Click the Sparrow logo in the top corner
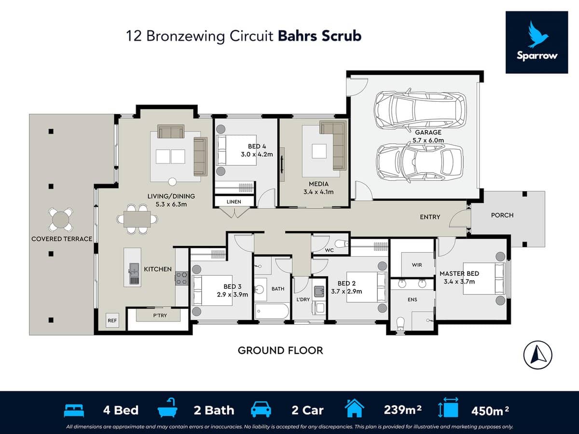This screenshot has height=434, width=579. tap(537, 42)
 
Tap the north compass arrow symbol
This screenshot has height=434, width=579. tap(538, 355)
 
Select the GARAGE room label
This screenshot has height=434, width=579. tap(428, 132)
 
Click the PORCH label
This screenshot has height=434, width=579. tap(502, 215)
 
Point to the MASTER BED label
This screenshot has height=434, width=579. tap(459, 274)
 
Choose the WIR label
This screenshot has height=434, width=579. tap(417, 265)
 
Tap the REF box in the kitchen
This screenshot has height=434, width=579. tap(112, 320)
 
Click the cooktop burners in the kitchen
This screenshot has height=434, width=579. tap(182, 278)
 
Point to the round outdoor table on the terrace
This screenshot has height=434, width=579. tap(61, 219)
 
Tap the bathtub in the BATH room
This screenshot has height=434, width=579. tap(271, 311)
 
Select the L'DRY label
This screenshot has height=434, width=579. tap(303, 299)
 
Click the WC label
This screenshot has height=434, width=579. tap(330, 251)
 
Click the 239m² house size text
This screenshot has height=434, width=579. tap(402, 410)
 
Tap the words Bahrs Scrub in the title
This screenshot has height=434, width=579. tap(319, 36)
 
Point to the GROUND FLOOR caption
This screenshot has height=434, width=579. tap(280, 351)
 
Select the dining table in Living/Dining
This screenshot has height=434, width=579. tap(137, 219)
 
